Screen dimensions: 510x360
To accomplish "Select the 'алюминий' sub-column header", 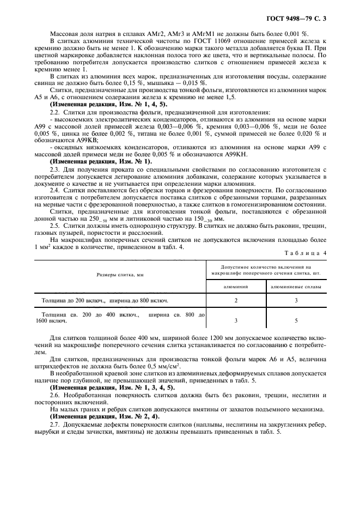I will (x=236, y=286).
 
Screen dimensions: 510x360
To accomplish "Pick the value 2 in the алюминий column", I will (x=236, y=300).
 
